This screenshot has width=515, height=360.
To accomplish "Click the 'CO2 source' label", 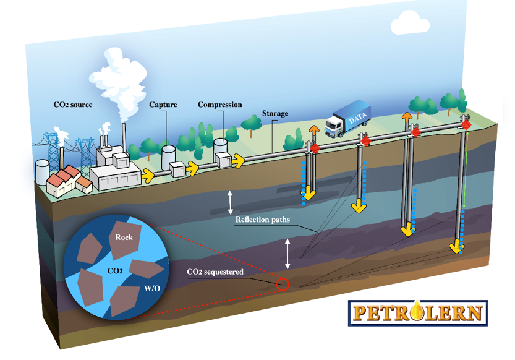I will click(x=73, y=105).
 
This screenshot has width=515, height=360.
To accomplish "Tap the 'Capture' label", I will click(x=163, y=105).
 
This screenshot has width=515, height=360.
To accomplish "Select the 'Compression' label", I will click(x=219, y=105).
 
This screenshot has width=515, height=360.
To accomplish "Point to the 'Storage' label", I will click(x=275, y=114).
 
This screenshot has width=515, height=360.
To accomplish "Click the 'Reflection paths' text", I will click(x=263, y=220).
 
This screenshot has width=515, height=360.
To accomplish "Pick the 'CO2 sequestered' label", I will click(x=215, y=272).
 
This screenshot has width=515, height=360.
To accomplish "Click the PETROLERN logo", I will click(x=418, y=312).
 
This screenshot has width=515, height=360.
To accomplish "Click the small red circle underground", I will click(x=283, y=284).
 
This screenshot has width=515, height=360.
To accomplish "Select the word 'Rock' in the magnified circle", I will click(x=124, y=237).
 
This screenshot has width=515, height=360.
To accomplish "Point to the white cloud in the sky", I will click(x=410, y=22).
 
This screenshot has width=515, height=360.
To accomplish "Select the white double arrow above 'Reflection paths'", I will click(x=230, y=201).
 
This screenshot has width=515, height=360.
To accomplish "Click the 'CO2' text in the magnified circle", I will click(x=114, y=271).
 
